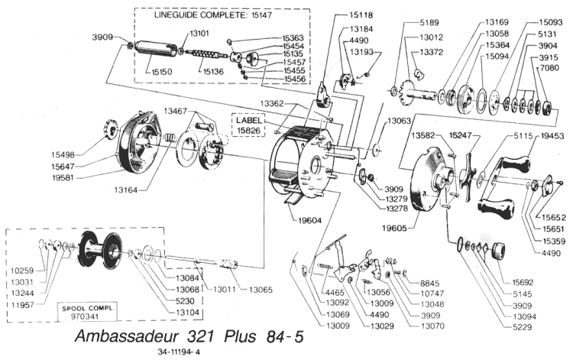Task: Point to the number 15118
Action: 367,15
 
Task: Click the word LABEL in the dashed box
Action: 249,121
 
